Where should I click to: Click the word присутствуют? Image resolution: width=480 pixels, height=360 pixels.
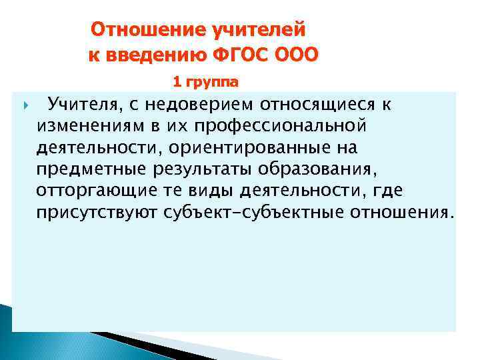[97, 213]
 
